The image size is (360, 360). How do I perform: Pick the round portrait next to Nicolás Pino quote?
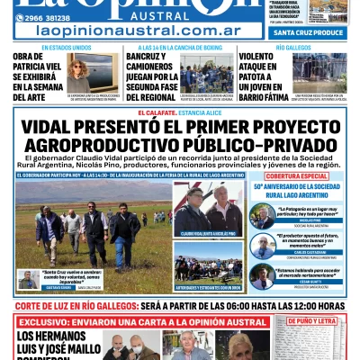pos(262,216)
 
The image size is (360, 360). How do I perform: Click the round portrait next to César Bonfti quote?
pos(262,274)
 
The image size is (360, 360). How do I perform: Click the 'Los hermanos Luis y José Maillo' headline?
pos(54,346)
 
